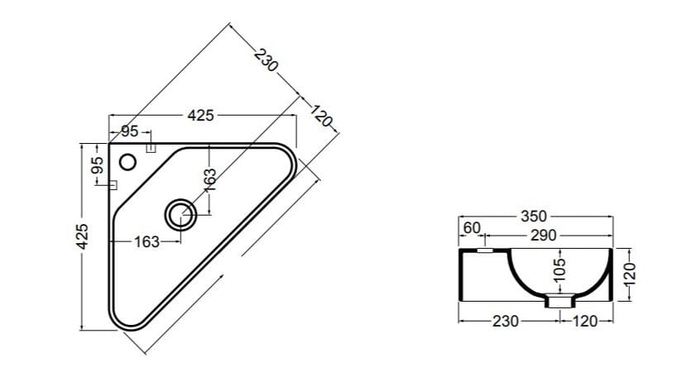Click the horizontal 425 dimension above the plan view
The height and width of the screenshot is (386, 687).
coord(200,116)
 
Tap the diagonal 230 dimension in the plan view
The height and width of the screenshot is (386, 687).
coord(264,61)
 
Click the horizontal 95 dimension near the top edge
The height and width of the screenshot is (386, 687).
coord(130,131)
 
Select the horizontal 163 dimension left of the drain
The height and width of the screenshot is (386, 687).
coord(147,242)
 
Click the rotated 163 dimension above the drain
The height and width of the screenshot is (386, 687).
coord(210,180)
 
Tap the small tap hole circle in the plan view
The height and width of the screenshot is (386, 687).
coord(128,160)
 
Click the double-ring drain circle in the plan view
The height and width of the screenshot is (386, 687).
coord(180,215)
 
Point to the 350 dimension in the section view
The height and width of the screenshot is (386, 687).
coord(533,217)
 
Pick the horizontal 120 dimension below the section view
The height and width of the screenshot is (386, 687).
coord(585,322)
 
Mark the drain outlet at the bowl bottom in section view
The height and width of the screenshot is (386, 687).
coord(560,302)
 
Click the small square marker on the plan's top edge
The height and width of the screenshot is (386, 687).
coord(151,148)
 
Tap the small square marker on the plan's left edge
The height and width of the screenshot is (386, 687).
coord(112,184)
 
